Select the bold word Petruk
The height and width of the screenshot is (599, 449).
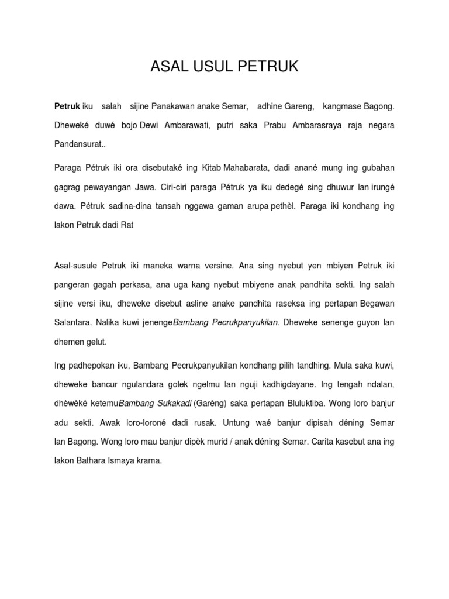click(67, 107)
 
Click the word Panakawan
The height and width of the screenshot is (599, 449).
click(173, 107)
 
